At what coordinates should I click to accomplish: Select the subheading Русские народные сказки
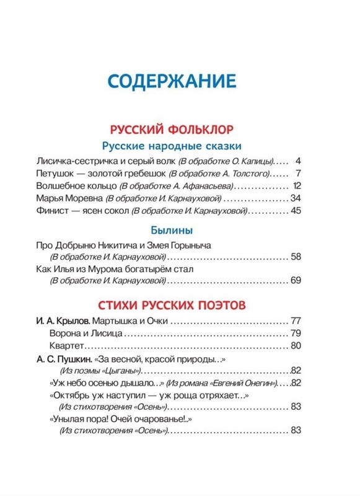pyautogui.click(x=180, y=146)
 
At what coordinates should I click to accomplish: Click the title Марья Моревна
pyautogui.click(x=70, y=199)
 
